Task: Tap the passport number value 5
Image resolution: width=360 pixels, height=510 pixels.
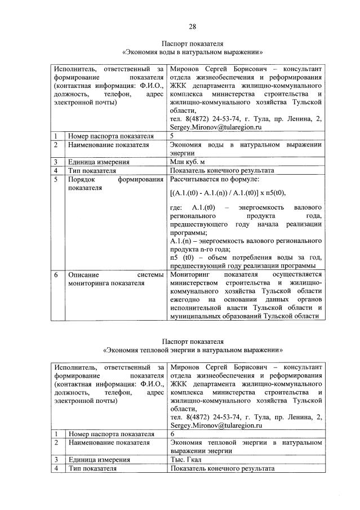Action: (x=172, y=136)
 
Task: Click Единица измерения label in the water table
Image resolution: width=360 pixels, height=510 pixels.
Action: (x=98, y=162)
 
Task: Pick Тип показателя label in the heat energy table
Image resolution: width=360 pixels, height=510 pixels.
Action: (x=92, y=468)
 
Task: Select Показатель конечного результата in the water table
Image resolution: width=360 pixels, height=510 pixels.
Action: (x=222, y=170)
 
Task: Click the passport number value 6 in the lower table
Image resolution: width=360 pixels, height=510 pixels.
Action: (x=172, y=434)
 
